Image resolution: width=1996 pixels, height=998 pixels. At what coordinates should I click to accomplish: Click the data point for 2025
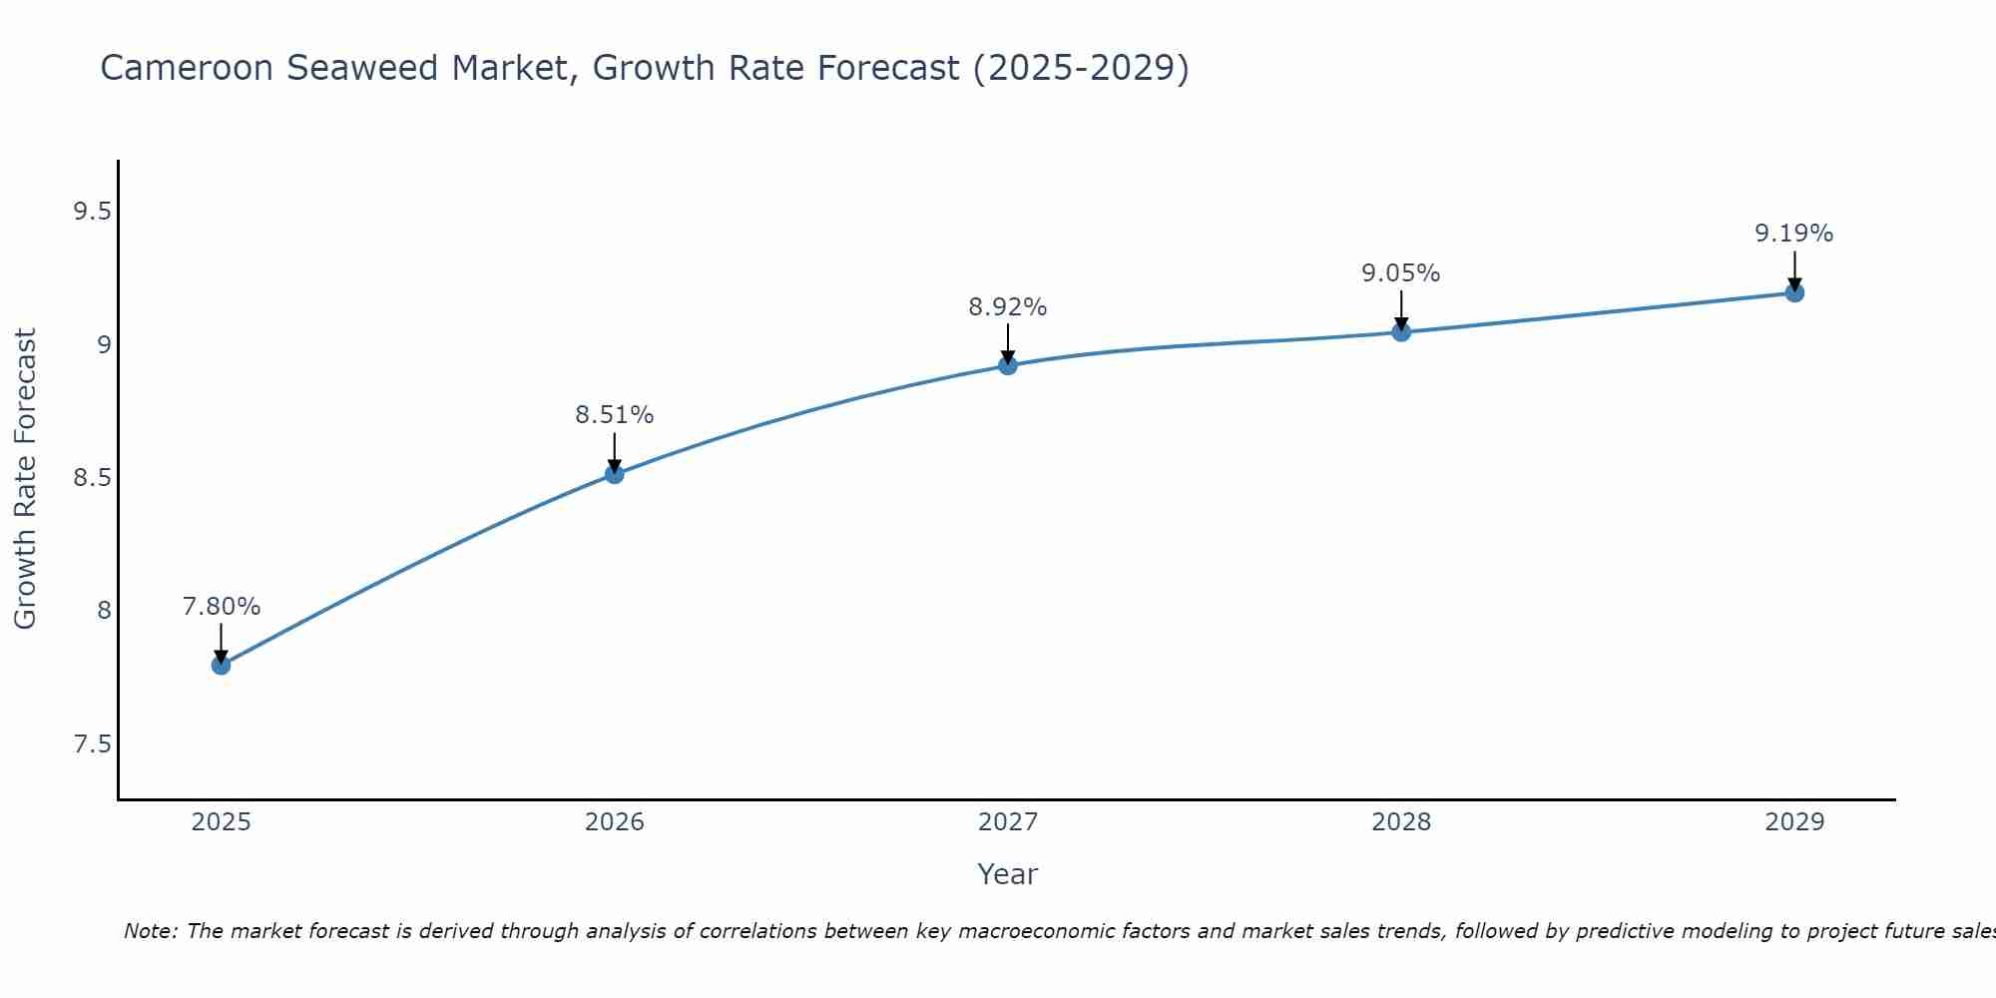[222, 665]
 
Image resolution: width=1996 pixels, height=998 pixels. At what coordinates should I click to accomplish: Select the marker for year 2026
[615, 474]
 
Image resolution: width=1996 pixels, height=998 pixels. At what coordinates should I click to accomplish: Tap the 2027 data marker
[1008, 365]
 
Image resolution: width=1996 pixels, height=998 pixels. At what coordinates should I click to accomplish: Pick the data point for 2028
[1401, 331]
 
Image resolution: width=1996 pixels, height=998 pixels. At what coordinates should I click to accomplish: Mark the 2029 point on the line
[1794, 292]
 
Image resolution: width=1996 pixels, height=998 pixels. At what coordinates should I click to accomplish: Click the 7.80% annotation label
[222, 607]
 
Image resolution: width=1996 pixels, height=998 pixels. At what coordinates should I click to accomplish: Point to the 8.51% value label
[615, 415]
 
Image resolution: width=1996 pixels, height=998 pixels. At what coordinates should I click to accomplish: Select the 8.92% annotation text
[1008, 307]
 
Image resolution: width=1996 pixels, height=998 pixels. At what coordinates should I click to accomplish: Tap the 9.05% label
[1401, 273]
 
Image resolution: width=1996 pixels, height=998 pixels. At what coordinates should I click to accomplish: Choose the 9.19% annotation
[1794, 234]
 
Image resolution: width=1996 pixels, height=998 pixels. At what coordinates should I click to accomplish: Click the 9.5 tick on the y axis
[93, 212]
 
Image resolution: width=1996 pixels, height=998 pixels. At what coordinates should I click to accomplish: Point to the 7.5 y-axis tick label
[93, 745]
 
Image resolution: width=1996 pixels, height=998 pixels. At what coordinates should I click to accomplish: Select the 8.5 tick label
[93, 478]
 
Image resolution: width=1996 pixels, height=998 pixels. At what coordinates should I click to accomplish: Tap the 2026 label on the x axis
[615, 822]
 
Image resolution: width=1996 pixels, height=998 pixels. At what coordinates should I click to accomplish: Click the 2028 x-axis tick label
[1401, 822]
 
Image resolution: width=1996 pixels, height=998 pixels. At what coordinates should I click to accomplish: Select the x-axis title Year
[1008, 874]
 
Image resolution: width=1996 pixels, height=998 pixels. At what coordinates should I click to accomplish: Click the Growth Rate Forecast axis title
[26, 479]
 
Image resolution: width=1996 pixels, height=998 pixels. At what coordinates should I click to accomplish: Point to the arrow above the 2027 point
[1008, 342]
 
